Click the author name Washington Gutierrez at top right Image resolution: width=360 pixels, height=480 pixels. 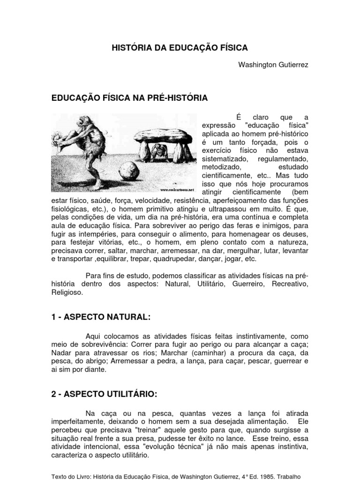(x=274, y=64)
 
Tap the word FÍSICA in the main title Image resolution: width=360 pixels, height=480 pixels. (x=231, y=48)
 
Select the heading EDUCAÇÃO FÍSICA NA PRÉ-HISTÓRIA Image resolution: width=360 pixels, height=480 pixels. (x=129, y=98)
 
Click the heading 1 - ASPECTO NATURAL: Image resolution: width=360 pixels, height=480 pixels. (x=100, y=317)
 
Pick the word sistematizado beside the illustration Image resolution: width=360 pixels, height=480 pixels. (x=223, y=159)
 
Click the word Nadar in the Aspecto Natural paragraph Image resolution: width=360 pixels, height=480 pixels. (x=61, y=352)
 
